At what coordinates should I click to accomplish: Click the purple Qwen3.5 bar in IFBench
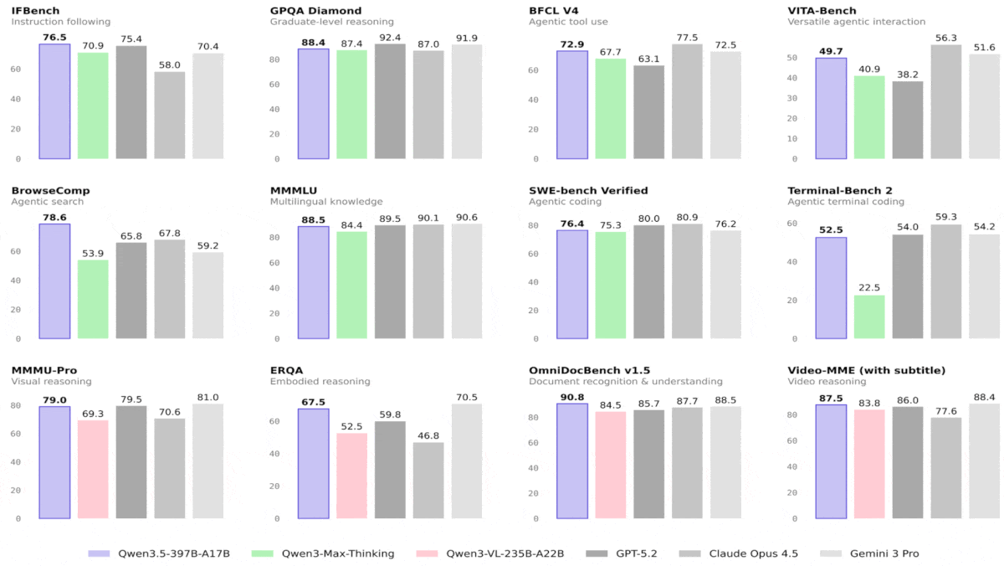click(x=54, y=101)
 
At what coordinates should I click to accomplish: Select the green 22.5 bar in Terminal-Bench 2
click(x=869, y=317)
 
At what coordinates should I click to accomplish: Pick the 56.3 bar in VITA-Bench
click(x=945, y=101)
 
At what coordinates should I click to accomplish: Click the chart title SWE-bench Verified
click(x=588, y=191)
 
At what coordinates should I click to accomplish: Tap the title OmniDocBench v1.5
click(x=589, y=370)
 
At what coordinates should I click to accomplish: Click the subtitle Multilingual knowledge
click(x=325, y=202)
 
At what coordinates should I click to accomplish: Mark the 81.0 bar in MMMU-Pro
click(x=207, y=461)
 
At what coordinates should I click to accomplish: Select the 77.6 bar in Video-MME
click(x=945, y=468)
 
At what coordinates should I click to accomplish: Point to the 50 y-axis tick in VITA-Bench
click(x=793, y=58)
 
